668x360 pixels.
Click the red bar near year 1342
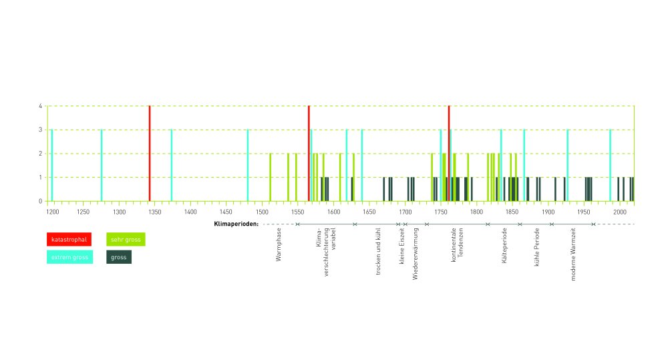coord(150,153)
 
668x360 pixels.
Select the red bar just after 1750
coord(449,153)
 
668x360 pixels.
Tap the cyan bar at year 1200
coord(52,165)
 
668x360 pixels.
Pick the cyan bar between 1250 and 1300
coord(102,165)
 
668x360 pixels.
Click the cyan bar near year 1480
coord(248,165)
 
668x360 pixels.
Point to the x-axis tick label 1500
coord(333,212)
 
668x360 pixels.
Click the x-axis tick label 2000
coord(619,212)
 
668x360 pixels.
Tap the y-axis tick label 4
coord(41,106)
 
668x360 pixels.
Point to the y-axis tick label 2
coord(41,154)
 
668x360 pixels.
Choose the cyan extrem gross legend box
coord(67,256)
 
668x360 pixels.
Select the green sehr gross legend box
coord(126,239)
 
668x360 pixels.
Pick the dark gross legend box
coord(119,256)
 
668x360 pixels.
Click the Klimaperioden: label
coord(236,224)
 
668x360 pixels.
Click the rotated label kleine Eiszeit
coord(402,248)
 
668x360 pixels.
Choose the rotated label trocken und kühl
coord(379,250)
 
